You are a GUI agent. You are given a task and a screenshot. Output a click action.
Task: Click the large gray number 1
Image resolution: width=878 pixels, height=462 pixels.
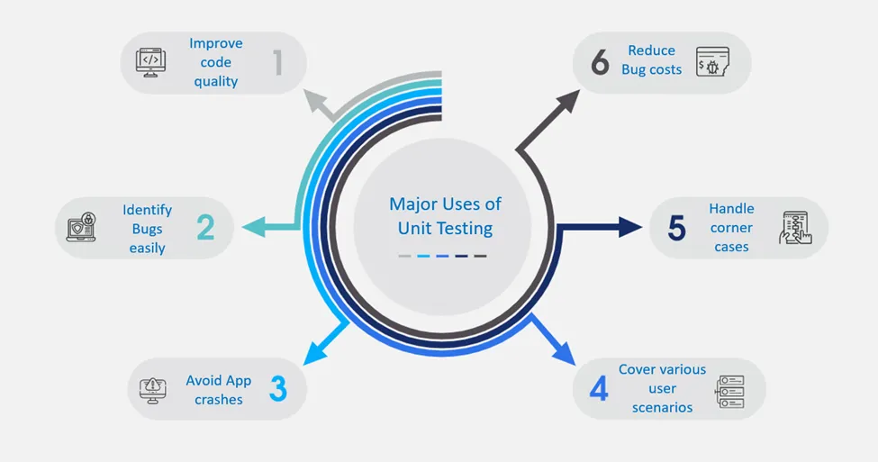pos(278,62)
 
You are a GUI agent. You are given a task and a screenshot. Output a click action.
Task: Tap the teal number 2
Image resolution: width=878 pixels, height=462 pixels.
pos(205,227)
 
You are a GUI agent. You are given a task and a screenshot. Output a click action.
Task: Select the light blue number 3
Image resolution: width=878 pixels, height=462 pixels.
pos(278,389)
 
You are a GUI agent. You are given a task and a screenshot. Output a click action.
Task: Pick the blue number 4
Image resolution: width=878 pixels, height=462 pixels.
pos(599,389)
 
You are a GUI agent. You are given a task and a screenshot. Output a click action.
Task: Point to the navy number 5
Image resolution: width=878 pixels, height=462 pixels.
pos(676,227)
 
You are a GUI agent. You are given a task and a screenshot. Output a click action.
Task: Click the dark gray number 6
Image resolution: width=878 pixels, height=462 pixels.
pos(600,62)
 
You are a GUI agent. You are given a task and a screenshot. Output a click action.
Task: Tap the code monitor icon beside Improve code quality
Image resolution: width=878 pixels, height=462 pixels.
pos(150,62)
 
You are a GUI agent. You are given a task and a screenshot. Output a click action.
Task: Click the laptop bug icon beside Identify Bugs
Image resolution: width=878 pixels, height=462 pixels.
pos(81,227)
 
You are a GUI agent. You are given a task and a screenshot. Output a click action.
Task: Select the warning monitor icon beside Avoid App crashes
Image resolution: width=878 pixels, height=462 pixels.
pos(152,390)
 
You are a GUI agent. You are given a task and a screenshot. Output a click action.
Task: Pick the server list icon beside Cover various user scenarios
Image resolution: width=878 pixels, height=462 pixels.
pos(729,392)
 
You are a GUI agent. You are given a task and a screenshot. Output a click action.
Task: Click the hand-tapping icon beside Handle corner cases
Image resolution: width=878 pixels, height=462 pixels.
pos(795,228)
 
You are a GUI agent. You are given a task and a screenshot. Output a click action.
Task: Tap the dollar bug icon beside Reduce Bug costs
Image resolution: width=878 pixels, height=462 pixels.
pos(712,61)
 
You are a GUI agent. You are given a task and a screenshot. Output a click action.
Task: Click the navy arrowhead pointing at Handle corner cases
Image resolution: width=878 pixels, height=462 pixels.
pos(630,227)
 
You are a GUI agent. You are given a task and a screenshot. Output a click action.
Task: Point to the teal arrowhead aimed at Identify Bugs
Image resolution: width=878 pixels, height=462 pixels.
pos(254,227)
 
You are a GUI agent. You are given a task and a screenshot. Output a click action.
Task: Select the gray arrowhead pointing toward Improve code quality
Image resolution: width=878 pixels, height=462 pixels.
pos(315,102)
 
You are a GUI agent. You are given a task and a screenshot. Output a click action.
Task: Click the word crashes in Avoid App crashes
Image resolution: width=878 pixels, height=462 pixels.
pos(219,399)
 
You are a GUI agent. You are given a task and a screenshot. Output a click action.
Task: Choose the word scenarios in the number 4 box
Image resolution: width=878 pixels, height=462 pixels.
pos(663,408)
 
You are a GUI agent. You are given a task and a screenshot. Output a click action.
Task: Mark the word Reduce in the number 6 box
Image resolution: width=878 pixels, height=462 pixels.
pos(651,50)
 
